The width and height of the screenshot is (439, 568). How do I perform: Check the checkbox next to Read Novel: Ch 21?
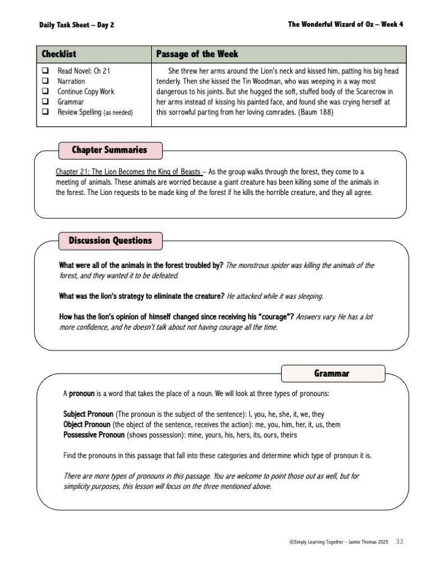45,71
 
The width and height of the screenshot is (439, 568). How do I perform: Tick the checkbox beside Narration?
45,81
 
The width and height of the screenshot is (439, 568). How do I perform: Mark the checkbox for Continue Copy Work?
45,91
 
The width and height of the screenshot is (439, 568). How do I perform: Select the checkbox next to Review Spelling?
45,112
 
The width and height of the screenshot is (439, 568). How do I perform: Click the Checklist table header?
59,54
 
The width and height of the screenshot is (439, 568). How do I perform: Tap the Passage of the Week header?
197,54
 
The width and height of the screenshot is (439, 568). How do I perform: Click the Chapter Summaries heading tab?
109,150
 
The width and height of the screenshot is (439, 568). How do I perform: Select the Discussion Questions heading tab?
110,241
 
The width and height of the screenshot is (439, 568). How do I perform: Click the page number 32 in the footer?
400,541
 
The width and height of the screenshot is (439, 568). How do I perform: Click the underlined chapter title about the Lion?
128,172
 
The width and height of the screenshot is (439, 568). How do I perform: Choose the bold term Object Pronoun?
87,424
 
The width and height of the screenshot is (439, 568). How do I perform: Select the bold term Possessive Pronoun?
93,435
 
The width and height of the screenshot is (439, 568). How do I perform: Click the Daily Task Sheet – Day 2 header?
76,25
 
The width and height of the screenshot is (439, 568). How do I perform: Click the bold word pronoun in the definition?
81,393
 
